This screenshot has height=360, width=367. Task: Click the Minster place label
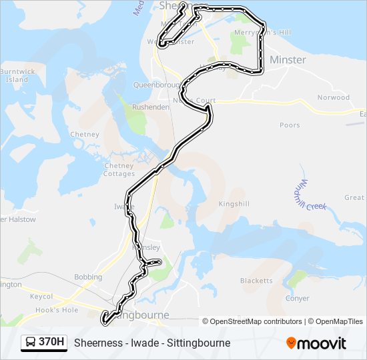pyautogui.click(x=288, y=60)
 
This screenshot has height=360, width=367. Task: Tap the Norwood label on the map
pyautogui.click(x=333, y=97)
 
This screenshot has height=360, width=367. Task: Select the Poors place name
pyautogui.click(x=290, y=125)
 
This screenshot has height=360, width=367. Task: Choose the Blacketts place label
pyautogui.click(x=256, y=281)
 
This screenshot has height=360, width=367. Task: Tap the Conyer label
pyautogui.click(x=298, y=299)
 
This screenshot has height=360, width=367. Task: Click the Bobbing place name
pyautogui.click(x=88, y=277)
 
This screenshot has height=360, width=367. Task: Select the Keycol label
pyautogui.click(x=41, y=296)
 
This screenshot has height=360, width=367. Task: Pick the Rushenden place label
pyautogui.click(x=150, y=107)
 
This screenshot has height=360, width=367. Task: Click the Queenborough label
pyautogui.click(x=154, y=85)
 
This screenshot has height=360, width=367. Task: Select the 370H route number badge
pyautogui.click(x=51, y=343)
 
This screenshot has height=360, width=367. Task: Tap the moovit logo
pyautogui.click(x=316, y=343)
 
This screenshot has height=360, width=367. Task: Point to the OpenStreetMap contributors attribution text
pyautogui.click(x=256, y=321)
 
